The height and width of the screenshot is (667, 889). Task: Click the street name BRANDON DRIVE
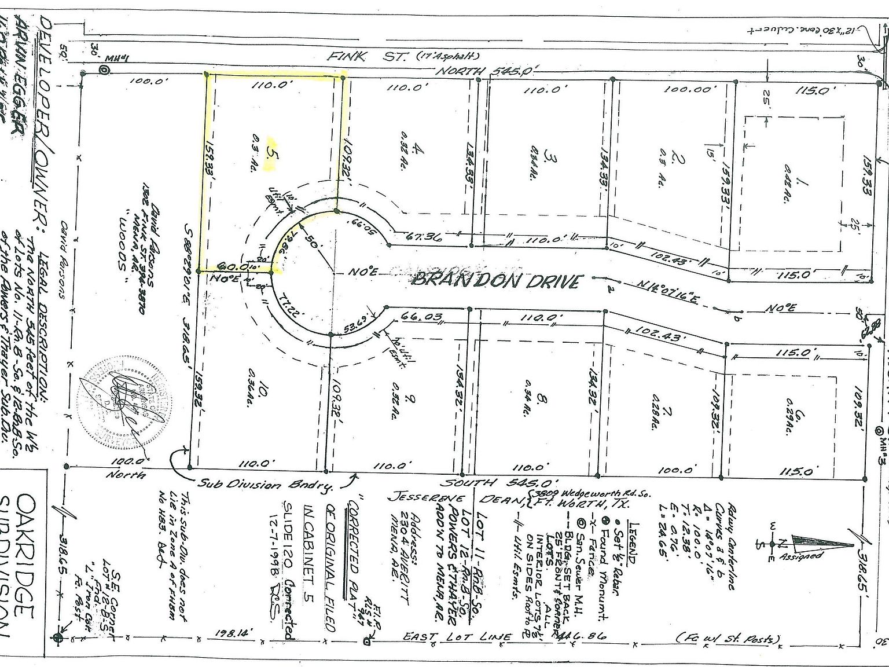(495, 281)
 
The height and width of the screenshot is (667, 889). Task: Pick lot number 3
(551, 157)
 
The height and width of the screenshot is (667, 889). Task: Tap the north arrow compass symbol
(816, 543)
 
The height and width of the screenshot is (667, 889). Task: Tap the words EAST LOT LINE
(457, 637)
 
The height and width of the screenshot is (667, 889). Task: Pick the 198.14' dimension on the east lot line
(235, 634)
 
